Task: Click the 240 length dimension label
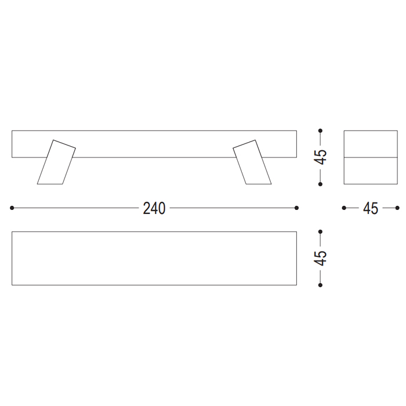(x=154, y=208)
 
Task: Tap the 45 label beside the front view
(x=320, y=157)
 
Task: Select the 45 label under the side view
(x=371, y=208)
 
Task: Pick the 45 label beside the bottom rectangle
(x=320, y=258)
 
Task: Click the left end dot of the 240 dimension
(x=12, y=208)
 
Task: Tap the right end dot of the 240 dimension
(x=297, y=208)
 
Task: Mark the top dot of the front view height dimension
(x=320, y=130)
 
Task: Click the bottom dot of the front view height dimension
(x=320, y=184)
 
